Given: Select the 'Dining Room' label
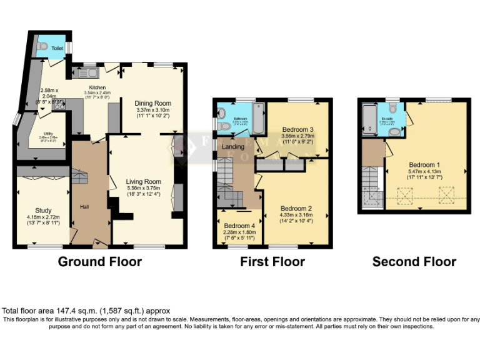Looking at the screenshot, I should coord(153,103).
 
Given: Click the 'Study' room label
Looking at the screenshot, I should coord(43,211).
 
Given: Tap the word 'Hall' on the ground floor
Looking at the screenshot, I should coord(84,206).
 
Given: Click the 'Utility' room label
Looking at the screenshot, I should coord(47,134).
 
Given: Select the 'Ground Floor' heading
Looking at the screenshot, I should coord(100,262).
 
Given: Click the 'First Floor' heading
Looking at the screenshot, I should coord(272,262).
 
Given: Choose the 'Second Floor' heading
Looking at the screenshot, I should coord(414,262).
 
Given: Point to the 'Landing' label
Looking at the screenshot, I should coord(232,146).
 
